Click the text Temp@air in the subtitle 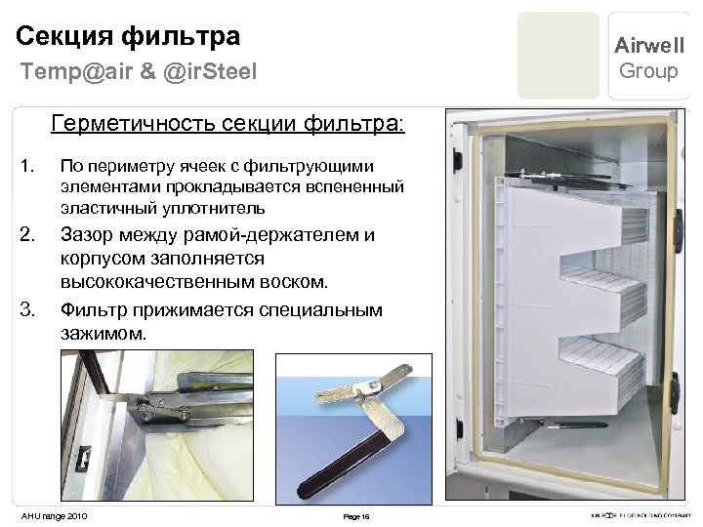pyautogui.click(x=63, y=71)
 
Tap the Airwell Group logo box pyautogui.click(x=648, y=58)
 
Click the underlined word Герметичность pyautogui.click(x=123, y=125)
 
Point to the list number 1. pyautogui.click(x=28, y=165)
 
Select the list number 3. pyautogui.click(x=28, y=311)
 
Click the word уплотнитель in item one pyautogui.click(x=215, y=209)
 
